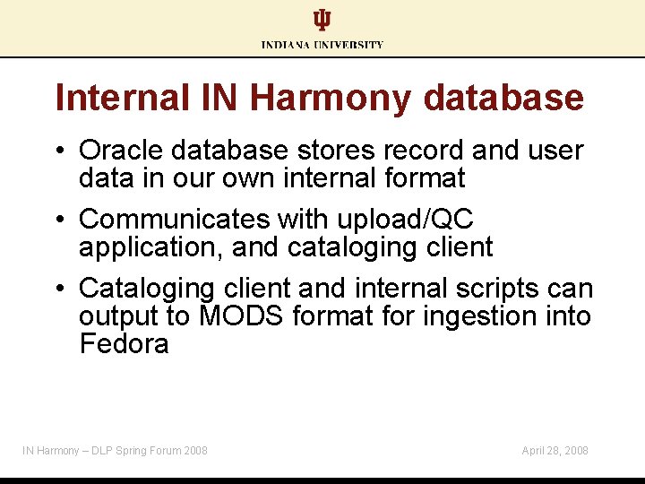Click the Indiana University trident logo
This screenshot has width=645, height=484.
coord(322,21)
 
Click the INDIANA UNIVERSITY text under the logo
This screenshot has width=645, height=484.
coord(322,45)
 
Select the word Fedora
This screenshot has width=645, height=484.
coord(124,344)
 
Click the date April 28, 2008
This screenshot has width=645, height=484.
coord(555,450)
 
